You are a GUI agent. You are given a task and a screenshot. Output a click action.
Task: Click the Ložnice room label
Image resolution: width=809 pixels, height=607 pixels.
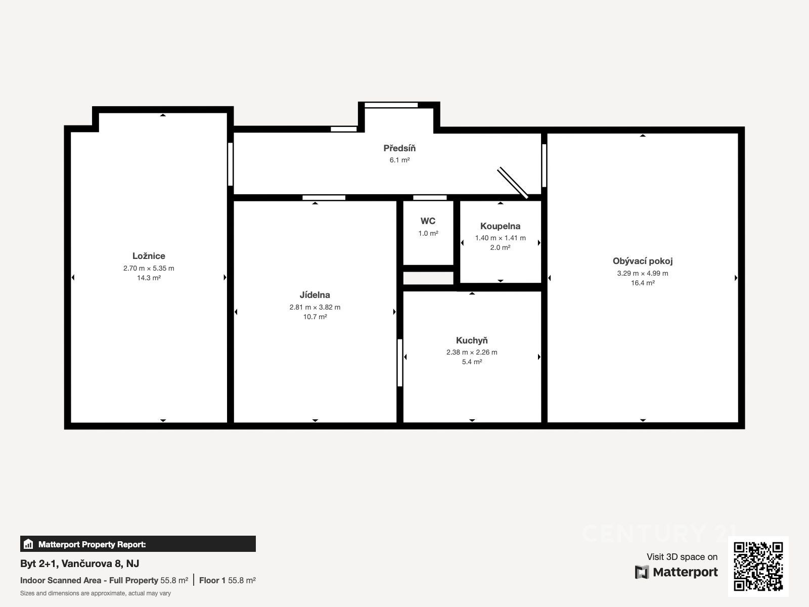[x=149, y=256]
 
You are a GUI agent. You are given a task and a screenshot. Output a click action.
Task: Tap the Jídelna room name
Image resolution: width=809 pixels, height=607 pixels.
[x=315, y=295]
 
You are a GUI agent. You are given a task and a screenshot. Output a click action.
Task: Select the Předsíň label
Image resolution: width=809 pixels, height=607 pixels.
[x=399, y=148]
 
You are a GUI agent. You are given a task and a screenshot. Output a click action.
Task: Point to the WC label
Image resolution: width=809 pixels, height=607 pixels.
[x=428, y=221]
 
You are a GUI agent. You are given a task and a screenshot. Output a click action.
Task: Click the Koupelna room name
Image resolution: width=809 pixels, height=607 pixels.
[x=500, y=226]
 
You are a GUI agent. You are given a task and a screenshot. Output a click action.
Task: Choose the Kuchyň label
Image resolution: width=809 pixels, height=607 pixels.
[x=472, y=340]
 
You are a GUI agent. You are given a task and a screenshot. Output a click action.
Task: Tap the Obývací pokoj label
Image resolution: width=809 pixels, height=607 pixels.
[x=643, y=261]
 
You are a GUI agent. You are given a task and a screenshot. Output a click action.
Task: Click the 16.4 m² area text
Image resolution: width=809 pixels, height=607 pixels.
[x=643, y=283]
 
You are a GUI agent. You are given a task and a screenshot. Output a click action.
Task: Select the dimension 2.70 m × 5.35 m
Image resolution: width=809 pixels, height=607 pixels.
[x=149, y=268]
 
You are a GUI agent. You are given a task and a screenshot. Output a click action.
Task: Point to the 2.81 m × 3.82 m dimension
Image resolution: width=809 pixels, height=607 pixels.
[x=315, y=308]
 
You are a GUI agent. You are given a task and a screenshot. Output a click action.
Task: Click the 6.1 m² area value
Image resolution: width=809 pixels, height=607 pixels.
[x=399, y=160]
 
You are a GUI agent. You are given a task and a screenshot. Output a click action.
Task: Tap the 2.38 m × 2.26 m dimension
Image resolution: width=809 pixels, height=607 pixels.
[x=472, y=353]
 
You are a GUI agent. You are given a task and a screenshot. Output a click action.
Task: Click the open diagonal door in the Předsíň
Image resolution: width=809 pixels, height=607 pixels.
[x=513, y=183]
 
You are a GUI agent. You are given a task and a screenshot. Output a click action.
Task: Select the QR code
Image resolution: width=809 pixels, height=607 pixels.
[x=758, y=567]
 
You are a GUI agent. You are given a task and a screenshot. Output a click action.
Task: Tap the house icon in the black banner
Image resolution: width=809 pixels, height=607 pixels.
[x=28, y=544]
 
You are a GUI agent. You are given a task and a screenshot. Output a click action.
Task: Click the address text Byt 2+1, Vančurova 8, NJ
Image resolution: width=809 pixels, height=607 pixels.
[x=79, y=563]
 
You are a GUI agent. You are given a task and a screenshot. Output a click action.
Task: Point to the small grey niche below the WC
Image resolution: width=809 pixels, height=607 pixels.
[x=428, y=278]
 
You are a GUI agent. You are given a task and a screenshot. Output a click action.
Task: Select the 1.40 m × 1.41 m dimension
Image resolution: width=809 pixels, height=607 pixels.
[x=500, y=238]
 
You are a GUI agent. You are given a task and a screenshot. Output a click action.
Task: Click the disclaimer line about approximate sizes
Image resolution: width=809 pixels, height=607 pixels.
[x=96, y=593]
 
